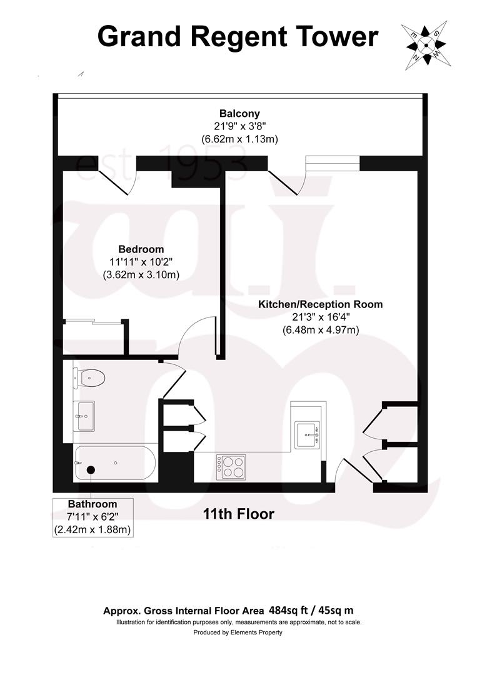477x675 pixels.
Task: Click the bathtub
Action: point(115,463)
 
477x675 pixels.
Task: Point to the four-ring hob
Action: point(231,467)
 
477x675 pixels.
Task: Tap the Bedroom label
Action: point(141,249)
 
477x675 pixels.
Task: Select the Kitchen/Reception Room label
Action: point(321,304)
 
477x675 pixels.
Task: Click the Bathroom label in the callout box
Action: point(93,504)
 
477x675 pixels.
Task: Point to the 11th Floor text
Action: point(239,514)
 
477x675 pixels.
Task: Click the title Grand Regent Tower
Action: point(238,37)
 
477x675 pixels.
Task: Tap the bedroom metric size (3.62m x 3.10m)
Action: point(141,274)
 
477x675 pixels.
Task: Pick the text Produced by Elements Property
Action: point(238,632)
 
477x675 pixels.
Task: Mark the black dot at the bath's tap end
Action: point(91,469)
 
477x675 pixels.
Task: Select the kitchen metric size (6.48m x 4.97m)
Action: point(321,329)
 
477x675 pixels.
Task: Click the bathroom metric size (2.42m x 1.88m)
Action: point(93,529)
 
